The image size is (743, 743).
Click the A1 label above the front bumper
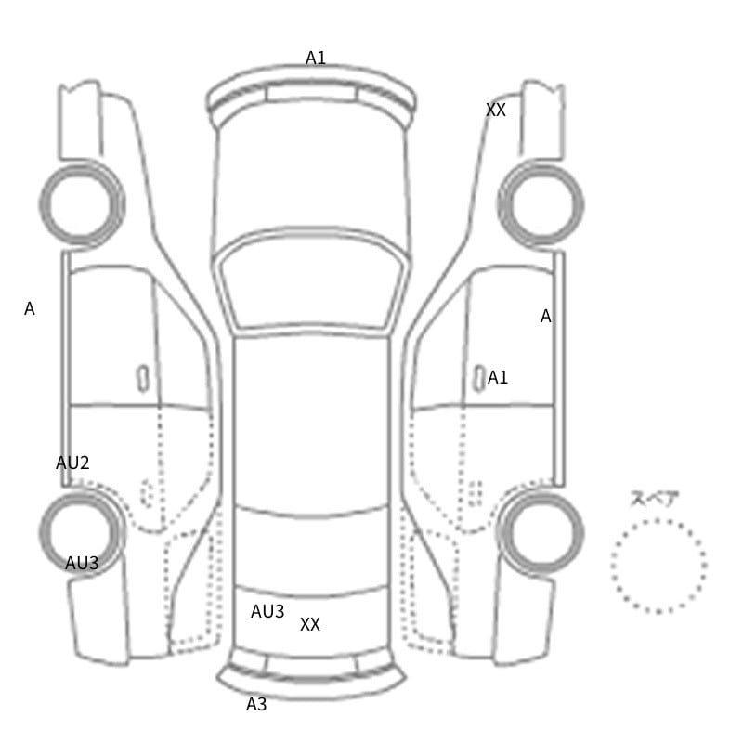316,59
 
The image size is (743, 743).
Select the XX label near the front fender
496,110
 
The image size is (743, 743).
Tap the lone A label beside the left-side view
30,309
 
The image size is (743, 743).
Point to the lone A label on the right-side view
546,316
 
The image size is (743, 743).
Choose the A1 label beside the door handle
498,378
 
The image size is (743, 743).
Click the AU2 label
72,463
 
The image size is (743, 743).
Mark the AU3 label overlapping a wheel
82,564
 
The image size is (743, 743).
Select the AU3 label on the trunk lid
267,612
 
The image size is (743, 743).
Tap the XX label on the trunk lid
310,624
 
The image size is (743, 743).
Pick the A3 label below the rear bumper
256,705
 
